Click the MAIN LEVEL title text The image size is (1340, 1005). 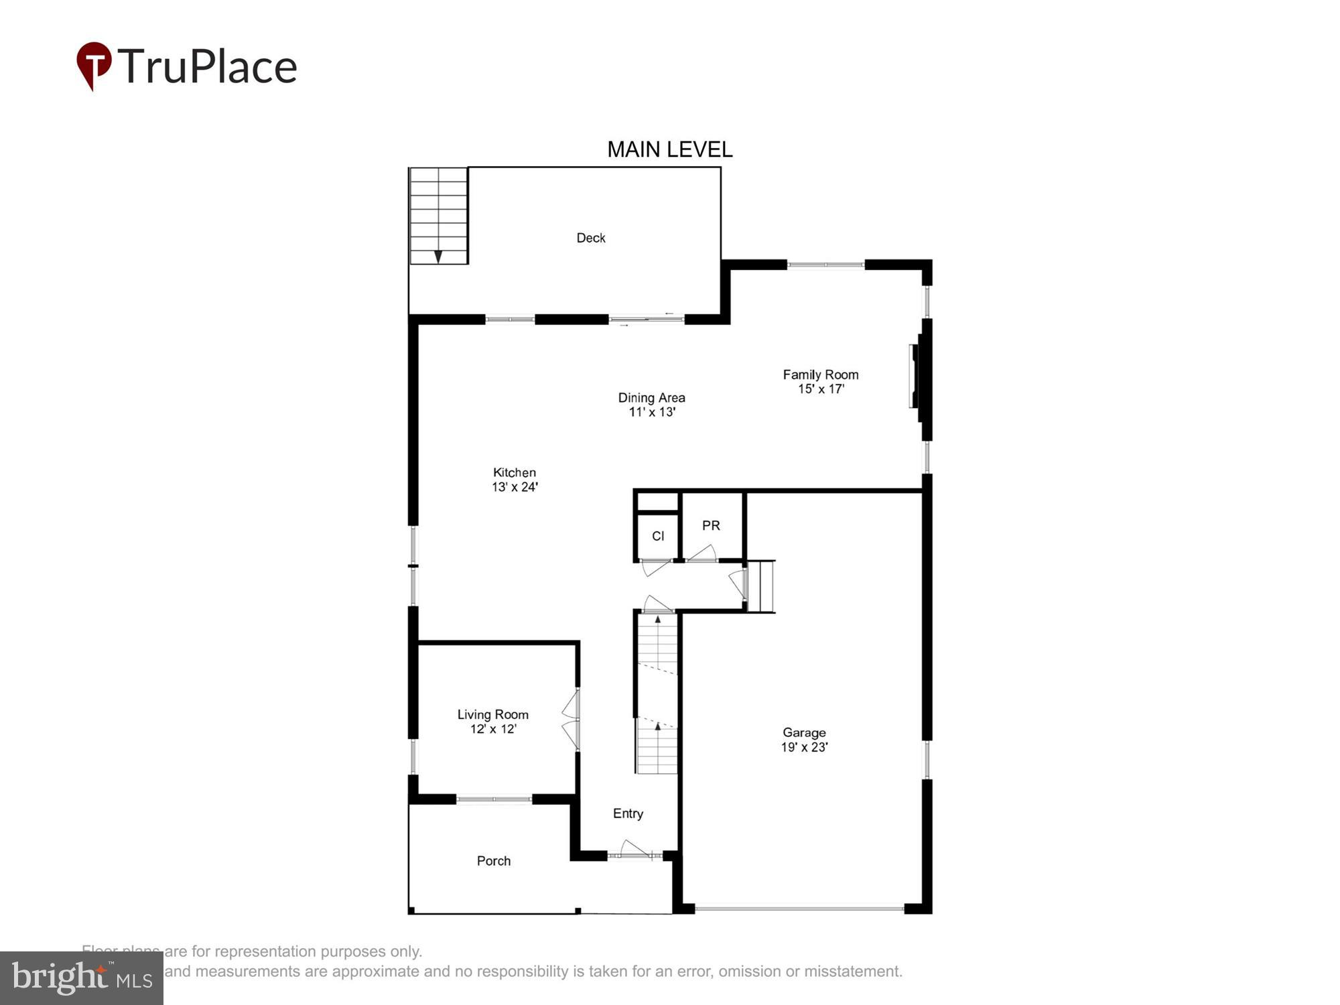coord(669,149)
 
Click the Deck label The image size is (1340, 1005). coord(590,238)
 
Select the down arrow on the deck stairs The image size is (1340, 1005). coord(438,256)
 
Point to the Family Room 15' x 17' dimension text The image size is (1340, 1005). coord(821,389)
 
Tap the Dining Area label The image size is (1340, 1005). coord(651,397)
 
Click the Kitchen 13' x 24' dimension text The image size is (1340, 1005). coord(515,487)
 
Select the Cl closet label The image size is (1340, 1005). coord(658,536)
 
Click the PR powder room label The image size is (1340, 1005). coord(711,526)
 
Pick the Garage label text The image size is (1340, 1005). coord(804,732)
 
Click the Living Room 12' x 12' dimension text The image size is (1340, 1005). coord(493,729)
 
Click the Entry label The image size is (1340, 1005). coord(628,813)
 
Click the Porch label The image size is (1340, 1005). coord(494,861)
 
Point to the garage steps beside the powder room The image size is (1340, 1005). coord(761,586)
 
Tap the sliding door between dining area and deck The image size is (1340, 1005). coord(646,320)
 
